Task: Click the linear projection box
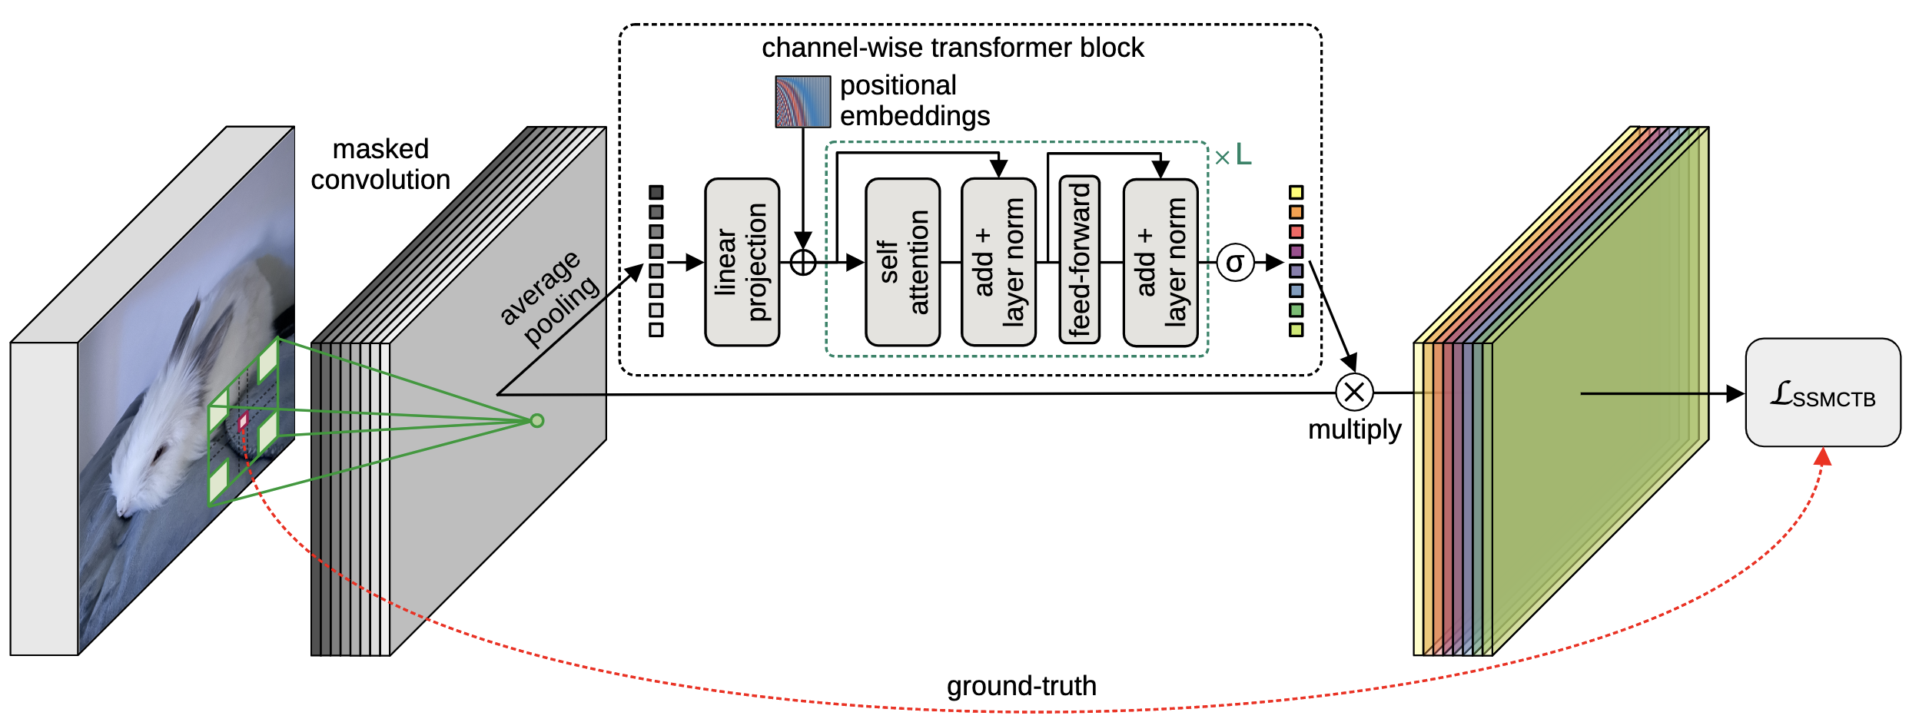point(742,262)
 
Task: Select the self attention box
point(902,262)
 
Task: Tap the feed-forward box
point(1079,260)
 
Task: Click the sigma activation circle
point(1235,263)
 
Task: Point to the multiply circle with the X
point(1354,392)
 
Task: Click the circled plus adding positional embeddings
point(803,263)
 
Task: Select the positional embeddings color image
point(802,101)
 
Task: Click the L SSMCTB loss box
point(1822,393)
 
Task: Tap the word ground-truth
point(1021,685)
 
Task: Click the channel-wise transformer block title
point(952,48)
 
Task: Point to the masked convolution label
point(380,164)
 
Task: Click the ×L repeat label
point(1233,157)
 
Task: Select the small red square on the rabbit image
point(244,421)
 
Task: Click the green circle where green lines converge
point(537,420)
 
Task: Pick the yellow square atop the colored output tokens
point(1296,192)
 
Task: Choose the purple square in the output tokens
point(1296,251)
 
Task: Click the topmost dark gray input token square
point(656,192)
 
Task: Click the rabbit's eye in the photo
point(160,453)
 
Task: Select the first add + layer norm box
point(998,262)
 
